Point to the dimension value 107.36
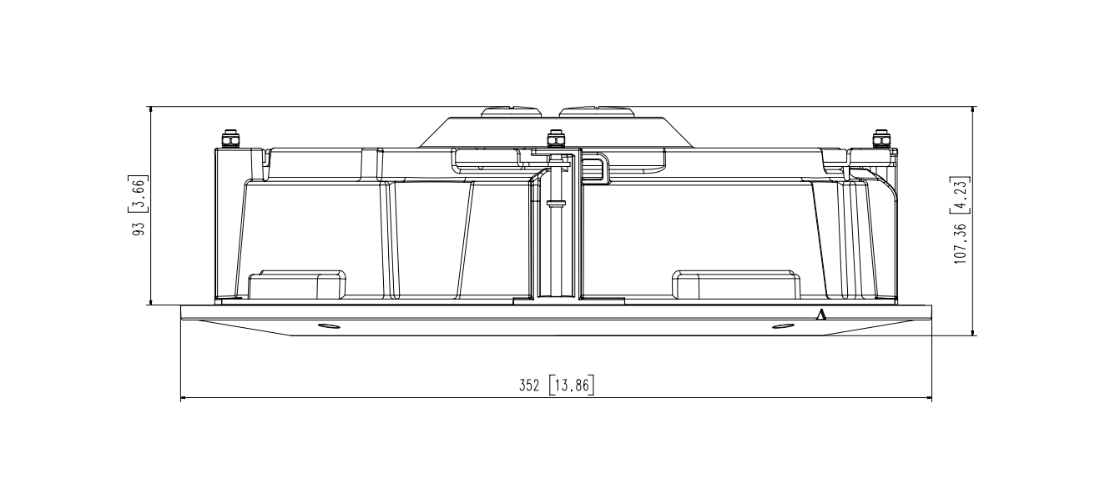[961, 241]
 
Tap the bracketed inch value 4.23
[961, 194]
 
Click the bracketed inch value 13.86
[572, 386]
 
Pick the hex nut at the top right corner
[880, 138]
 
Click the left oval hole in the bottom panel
[329, 325]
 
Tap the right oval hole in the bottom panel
[782, 325]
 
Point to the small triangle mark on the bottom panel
[821, 315]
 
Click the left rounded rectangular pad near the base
[297, 285]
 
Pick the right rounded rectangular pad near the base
[736, 285]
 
